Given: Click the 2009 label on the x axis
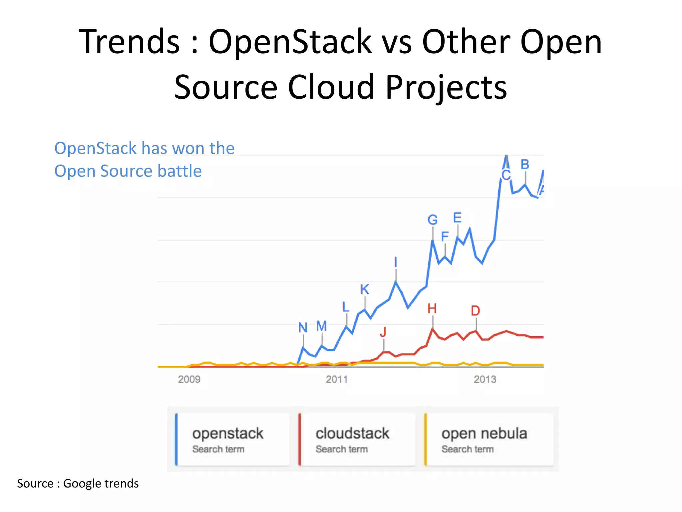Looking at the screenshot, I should click(x=189, y=379).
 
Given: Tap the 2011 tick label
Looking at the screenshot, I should click(x=337, y=379).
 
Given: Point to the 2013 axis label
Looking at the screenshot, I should click(x=485, y=379).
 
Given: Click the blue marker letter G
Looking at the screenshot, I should click(x=433, y=220).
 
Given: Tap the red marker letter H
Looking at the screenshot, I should click(x=432, y=309).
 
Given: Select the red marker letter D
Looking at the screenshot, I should click(x=476, y=311).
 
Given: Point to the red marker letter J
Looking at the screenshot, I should click(x=383, y=332).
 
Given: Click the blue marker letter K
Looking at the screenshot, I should click(x=365, y=289).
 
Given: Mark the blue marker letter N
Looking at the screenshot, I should click(x=303, y=327).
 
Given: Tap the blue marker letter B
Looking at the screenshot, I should click(x=525, y=165).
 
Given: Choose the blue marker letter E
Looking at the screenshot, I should click(x=457, y=218).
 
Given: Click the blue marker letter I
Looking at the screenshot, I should click(x=396, y=262).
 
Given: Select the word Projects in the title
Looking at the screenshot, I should click(x=446, y=87).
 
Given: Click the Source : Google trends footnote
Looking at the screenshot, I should click(x=78, y=483).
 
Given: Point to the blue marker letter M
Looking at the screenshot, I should click(x=321, y=326).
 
